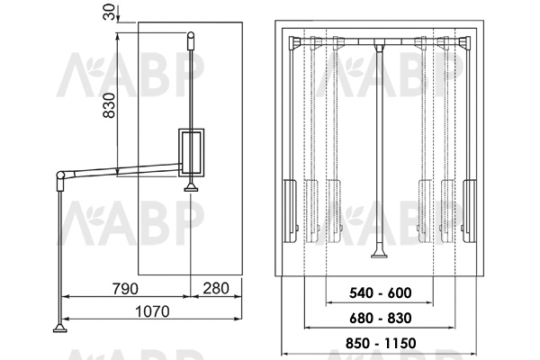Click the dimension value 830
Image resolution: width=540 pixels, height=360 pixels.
point(109,105)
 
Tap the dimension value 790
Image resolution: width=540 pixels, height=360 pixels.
point(125,288)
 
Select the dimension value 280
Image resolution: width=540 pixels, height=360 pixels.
point(216,288)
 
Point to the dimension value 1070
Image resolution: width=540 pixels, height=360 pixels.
point(153,311)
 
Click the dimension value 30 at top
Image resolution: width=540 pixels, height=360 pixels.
point(109,12)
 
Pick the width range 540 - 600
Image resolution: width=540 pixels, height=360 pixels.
point(380,293)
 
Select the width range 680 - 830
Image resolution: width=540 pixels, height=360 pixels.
point(380,318)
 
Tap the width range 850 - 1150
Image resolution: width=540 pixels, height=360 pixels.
point(381,343)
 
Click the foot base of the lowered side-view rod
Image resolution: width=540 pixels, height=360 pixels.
point(60,328)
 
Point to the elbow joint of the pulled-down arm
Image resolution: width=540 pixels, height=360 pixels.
point(61,175)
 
